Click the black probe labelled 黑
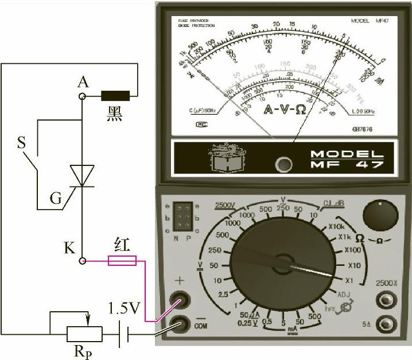click(x=115, y=95)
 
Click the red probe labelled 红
click(x=123, y=261)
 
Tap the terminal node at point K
click(x=83, y=261)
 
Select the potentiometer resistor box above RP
click(x=84, y=333)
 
